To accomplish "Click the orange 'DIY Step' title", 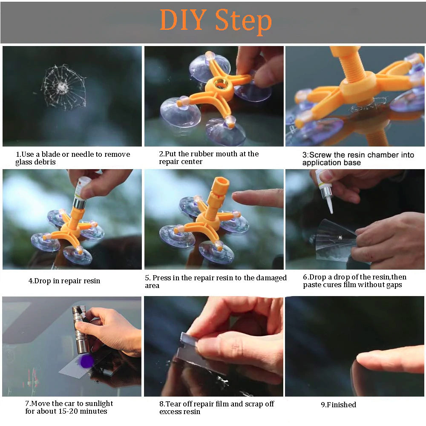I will [x=215, y=21].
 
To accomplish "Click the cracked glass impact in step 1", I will [x=63, y=87].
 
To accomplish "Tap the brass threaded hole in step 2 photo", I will [x=220, y=84].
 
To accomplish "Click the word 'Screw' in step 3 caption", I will [x=323, y=155].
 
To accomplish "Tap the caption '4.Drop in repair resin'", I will [x=64, y=281].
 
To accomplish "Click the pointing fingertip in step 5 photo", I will [x=239, y=196].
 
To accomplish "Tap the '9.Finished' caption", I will [x=338, y=405].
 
